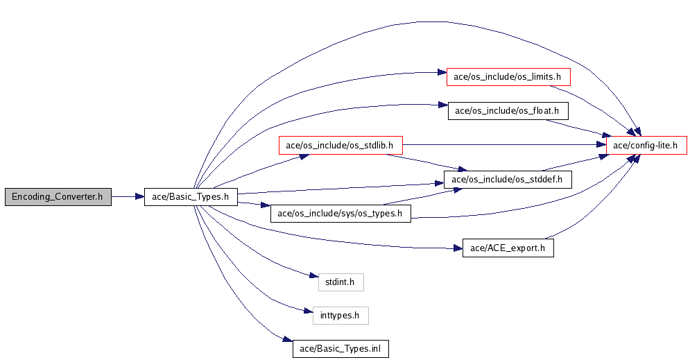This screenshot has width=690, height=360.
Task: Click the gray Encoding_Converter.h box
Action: [x=58, y=197]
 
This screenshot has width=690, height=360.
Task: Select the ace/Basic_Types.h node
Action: [x=191, y=197]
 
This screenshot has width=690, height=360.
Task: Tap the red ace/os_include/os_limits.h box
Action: [x=508, y=76]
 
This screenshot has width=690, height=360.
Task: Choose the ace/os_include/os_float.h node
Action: [x=508, y=110]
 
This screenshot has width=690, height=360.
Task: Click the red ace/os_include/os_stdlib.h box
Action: [x=340, y=145]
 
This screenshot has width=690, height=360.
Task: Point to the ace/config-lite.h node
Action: [x=646, y=145]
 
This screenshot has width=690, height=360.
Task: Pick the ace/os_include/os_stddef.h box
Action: [x=508, y=180]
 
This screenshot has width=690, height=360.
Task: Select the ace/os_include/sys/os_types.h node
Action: [x=340, y=214]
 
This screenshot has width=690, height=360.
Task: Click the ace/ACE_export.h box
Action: [x=508, y=248]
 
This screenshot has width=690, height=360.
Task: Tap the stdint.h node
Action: [x=340, y=282]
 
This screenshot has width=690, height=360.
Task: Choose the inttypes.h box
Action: [x=340, y=316]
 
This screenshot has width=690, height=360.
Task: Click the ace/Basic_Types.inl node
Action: [x=340, y=349]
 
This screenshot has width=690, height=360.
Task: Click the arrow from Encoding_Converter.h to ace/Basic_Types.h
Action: [x=128, y=197]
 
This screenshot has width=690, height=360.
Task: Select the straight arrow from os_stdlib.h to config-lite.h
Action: [x=504, y=145]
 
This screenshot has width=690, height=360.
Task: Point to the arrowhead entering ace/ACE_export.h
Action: [x=458, y=248]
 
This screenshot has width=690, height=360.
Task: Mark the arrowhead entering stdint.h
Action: [x=313, y=276]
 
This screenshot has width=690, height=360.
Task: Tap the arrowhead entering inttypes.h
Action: [x=309, y=311]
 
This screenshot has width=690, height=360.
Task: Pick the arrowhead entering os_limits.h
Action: [x=442, y=73]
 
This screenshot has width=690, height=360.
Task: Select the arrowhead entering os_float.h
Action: [x=443, y=105]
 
